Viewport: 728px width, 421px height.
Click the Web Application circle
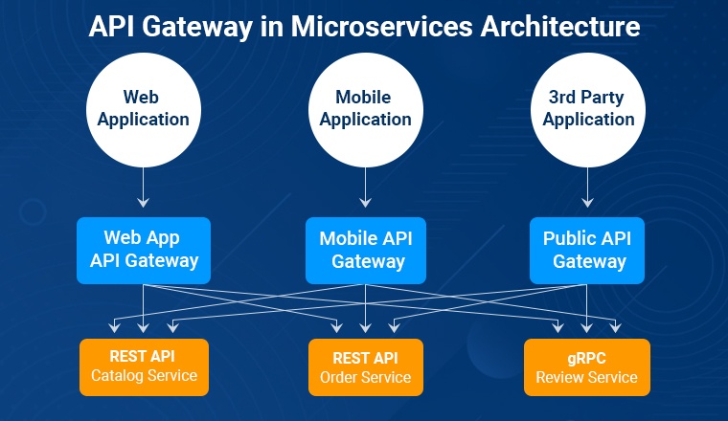click(x=144, y=110)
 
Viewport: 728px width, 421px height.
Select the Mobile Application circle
click(x=366, y=110)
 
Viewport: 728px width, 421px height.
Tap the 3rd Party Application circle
click(x=588, y=110)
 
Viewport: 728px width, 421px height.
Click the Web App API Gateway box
click(x=144, y=251)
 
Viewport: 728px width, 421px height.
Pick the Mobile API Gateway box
click(x=366, y=251)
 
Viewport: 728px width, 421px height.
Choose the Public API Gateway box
click(x=587, y=251)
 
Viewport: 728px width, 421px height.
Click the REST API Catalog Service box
click(x=144, y=367)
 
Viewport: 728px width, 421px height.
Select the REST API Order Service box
click(x=366, y=367)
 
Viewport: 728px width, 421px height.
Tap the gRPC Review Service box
click(x=587, y=367)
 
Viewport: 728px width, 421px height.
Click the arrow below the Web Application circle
click(x=144, y=188)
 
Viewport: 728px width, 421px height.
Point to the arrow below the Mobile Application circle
click(x=366, y=188)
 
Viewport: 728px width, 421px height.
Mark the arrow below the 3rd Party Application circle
click(x=588, y=188)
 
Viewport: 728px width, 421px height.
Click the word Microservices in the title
click(x=381, y=27)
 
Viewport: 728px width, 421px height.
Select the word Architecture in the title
click(x=560, y=27)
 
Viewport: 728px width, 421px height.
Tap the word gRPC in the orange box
click(x=587, y=359)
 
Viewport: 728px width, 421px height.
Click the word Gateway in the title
click(x=197, y=28)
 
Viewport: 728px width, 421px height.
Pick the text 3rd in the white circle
click(x=561, y=98)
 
